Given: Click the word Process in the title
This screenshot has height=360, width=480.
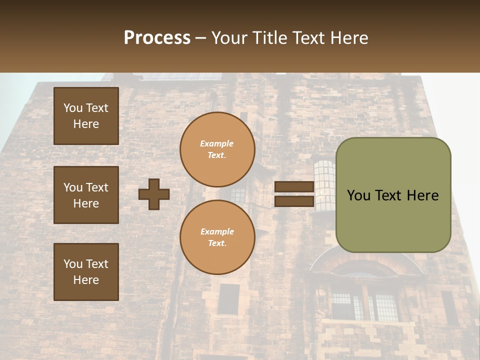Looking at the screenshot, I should pos(157,38).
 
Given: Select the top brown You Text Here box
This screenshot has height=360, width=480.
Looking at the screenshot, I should pos(86,116).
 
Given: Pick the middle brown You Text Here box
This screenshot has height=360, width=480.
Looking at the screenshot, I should pos(86,195).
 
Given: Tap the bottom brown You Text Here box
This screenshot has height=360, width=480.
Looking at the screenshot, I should pos(86,271).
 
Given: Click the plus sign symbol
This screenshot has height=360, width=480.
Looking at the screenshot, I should pos(154,194).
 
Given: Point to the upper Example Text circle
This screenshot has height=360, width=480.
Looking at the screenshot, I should pos(217,149).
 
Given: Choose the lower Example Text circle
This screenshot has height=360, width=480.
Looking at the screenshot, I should pos(217,237).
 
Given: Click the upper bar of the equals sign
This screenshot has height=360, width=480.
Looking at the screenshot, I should pos(294,187).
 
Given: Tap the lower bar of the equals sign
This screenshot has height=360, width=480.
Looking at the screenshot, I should pos(294,201).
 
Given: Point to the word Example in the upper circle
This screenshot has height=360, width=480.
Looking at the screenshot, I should pos(216,143).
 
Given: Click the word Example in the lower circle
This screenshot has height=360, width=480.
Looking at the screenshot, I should pos(217,231).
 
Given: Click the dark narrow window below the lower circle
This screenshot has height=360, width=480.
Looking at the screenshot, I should pos(228,299).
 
